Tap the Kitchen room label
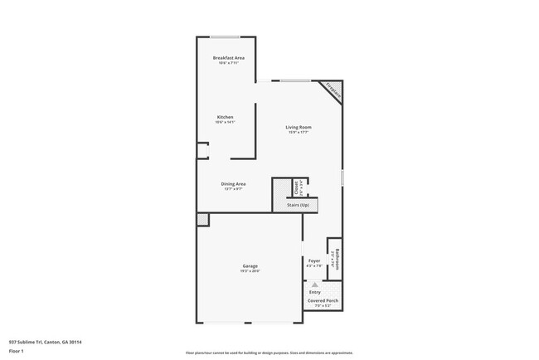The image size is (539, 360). click(226, 117)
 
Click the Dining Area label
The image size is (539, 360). click(233, 183)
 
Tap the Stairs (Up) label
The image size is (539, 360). click(299, 204)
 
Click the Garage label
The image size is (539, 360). click(250, 265)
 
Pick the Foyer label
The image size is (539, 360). click(314, 260)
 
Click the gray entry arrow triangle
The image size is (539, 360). click(315, 284)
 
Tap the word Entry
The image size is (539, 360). click(315, 292)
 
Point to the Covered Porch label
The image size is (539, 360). click(323, 301)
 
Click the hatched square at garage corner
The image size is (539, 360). click(202, 219)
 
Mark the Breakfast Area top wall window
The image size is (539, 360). click(225, 36)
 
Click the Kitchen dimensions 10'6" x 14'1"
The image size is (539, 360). click(226, 123)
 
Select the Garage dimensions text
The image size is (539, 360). click(250, 271)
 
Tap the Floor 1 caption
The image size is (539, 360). click(17, 352)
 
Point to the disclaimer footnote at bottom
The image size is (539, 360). click(269, 353)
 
